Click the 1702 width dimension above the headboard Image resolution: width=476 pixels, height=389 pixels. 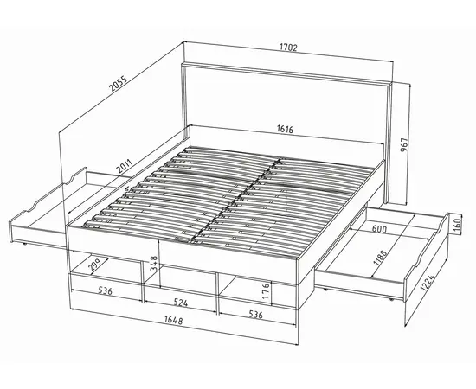pos(288,48)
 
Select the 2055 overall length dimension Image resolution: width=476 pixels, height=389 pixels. pos(118,83)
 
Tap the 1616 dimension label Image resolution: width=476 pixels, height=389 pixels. pos(285,129)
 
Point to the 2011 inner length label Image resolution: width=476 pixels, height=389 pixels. pos(125,167)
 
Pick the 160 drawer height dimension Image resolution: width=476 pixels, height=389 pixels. pos(457,223)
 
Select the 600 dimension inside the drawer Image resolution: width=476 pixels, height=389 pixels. pos(379,229)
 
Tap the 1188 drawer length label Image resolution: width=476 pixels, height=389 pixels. pos(380,258)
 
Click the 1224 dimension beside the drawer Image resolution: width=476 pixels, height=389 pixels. pos(428,283)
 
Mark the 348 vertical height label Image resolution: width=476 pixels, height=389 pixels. pos(154,264)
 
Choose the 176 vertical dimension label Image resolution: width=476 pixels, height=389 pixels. pos(266,291)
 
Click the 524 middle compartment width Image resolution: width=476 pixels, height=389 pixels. pos(181,303)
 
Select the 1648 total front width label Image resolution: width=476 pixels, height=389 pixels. pos(174,320)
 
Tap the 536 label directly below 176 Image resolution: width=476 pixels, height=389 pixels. pos(255,315)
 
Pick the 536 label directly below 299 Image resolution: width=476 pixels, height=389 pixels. pos(105,290)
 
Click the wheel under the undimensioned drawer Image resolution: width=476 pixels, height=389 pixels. pos(24,243)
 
